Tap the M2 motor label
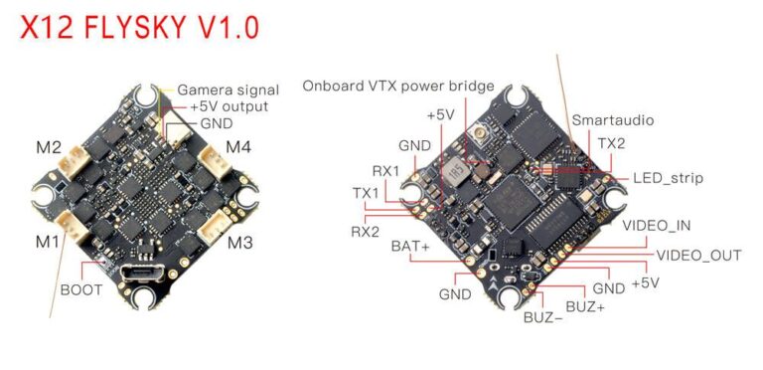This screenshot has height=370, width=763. (x=48, y=148)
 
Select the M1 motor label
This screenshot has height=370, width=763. (x=48, y=242)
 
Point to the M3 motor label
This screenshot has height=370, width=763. (x=239, y=243)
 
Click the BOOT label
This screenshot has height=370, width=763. (x=80, y=290)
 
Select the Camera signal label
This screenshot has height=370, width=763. (x=228, y=90)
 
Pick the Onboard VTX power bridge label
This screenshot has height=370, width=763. (x=397, y=87)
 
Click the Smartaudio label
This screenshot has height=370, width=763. (x=612, y=120)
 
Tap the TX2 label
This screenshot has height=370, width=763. (x=611, y=144)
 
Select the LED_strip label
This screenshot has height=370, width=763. (x=668, y=178)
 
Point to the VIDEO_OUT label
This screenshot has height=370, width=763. (x=698, y=256)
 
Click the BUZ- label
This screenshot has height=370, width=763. (x=542, y=318)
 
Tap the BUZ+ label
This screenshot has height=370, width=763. (x=584, y=307)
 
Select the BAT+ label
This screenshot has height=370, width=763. (x=409, y=245)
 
